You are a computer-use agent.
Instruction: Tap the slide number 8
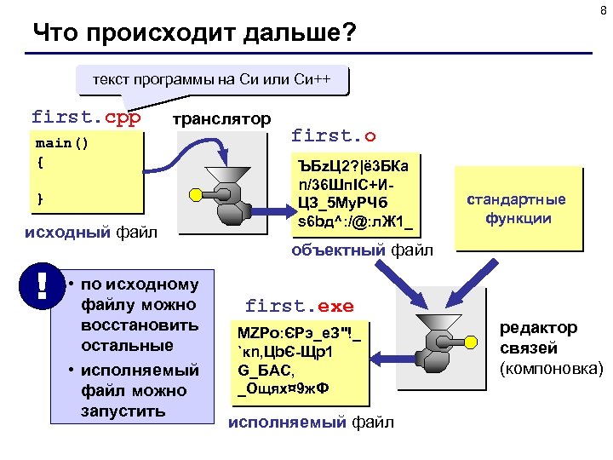coord(603,10)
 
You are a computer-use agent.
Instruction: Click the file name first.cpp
coord(86,116)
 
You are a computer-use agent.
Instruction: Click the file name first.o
coord(333,135)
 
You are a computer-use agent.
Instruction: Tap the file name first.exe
coord(299,305)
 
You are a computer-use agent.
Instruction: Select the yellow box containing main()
coord(84,170)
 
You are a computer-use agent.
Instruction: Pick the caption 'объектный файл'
coord(362,250)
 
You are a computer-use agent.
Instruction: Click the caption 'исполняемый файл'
coord(312,421)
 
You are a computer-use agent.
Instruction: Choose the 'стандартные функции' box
coord(518,209)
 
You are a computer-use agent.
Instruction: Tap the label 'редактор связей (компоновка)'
coord(551,348)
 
